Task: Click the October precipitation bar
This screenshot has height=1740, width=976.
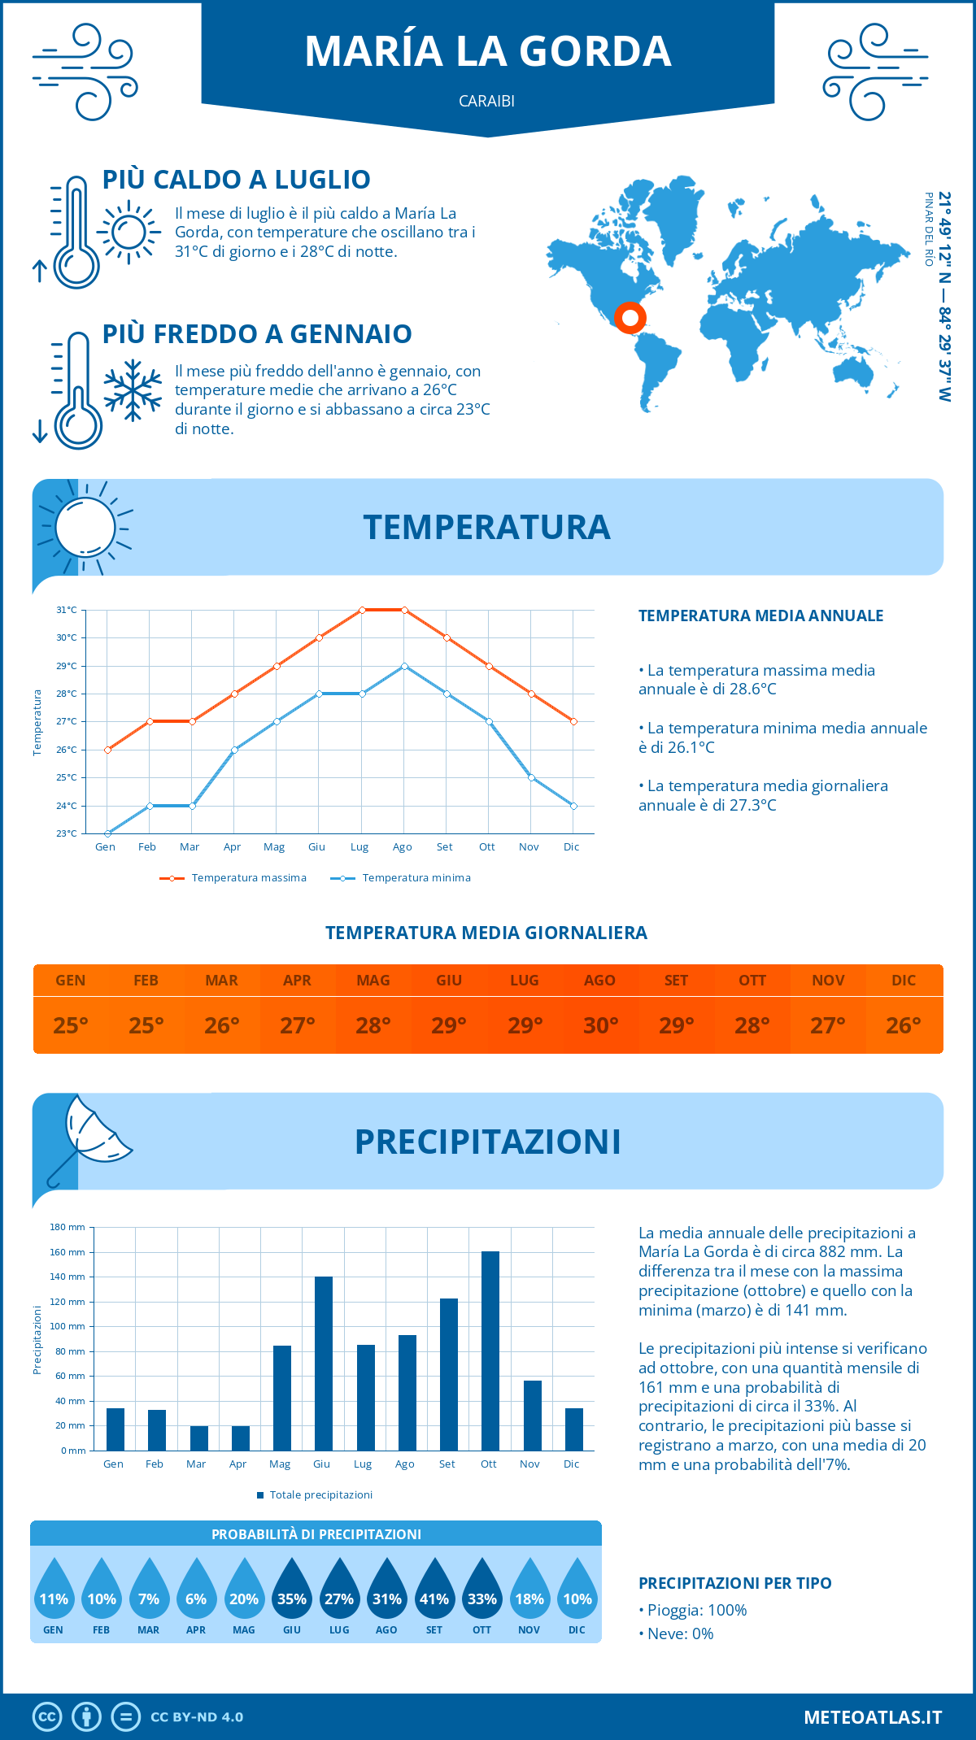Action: point(490,1351)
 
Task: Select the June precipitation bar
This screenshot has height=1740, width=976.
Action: point(324,1364)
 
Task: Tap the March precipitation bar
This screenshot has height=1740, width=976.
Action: point(198,1438)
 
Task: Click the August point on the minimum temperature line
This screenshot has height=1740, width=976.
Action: point(404,666)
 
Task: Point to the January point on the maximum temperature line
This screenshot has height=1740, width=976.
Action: point(107,750)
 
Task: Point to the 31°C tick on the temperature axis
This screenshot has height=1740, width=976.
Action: point(67,610)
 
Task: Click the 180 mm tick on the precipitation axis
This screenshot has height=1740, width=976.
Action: point(68,1227)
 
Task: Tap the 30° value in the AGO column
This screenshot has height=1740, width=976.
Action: point(600,1025)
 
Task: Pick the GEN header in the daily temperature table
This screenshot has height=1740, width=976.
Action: point(71,981)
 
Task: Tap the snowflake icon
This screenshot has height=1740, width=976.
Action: point(133,390)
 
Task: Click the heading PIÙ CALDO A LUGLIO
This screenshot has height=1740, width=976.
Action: point(236,180)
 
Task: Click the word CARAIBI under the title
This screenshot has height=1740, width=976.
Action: point(486,102)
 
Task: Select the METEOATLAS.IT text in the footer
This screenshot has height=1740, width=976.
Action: point(872,1717)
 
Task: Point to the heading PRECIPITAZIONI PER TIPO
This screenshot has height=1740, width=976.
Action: point(734,1583)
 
